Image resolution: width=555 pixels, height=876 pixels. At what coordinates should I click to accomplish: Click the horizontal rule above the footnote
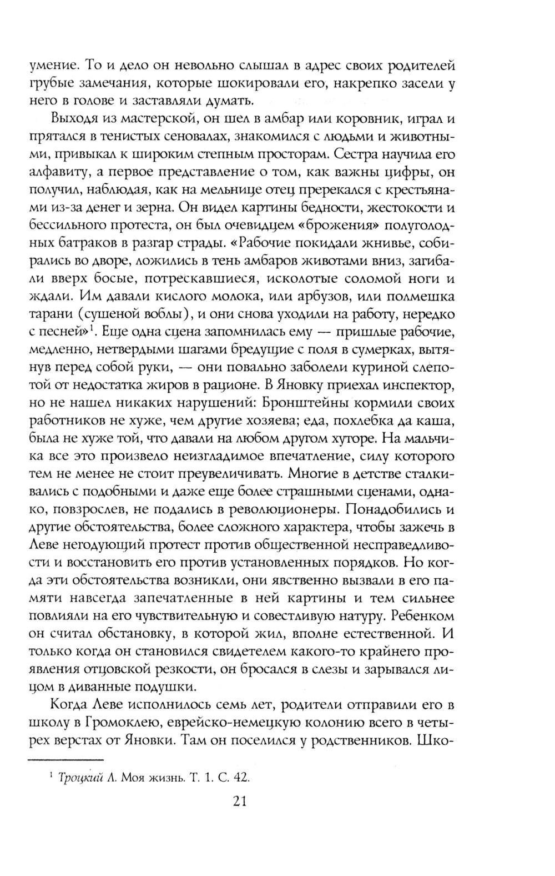(x=66, y=760)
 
